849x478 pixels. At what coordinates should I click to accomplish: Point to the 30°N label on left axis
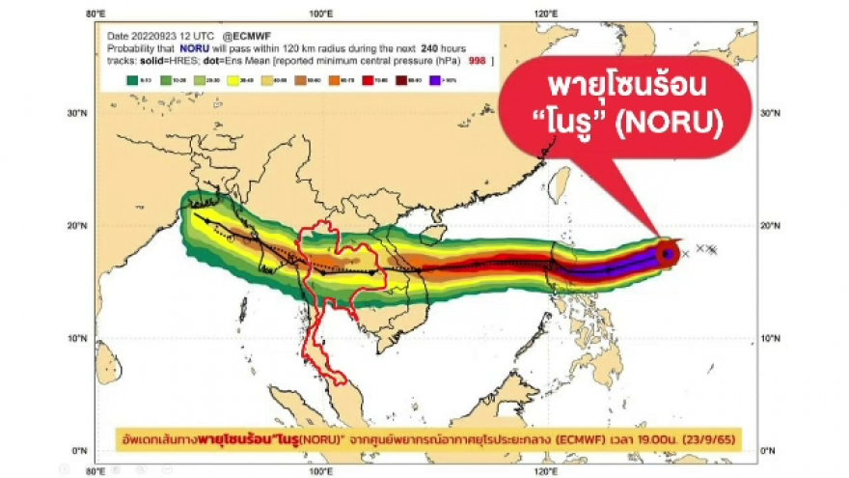78,113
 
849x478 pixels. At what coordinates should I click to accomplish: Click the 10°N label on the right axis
772,339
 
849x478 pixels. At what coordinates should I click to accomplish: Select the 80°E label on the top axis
95,14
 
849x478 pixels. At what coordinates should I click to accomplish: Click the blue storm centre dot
666,253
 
